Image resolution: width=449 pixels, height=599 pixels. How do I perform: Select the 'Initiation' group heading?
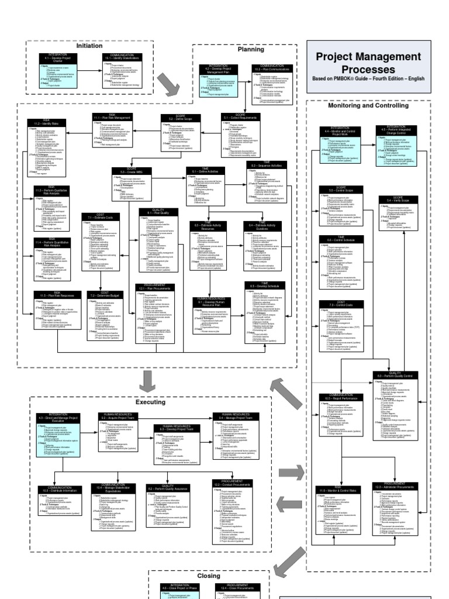(x=89, y=45)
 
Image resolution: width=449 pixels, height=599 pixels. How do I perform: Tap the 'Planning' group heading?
(x=250, y=50)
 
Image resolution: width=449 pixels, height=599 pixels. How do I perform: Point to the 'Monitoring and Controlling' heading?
(x=368, y=105)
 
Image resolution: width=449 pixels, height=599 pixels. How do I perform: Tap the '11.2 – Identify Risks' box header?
(x=50, y=123)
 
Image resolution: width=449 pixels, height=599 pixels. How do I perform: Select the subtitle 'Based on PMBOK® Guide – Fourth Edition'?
(x=368, y=78)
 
